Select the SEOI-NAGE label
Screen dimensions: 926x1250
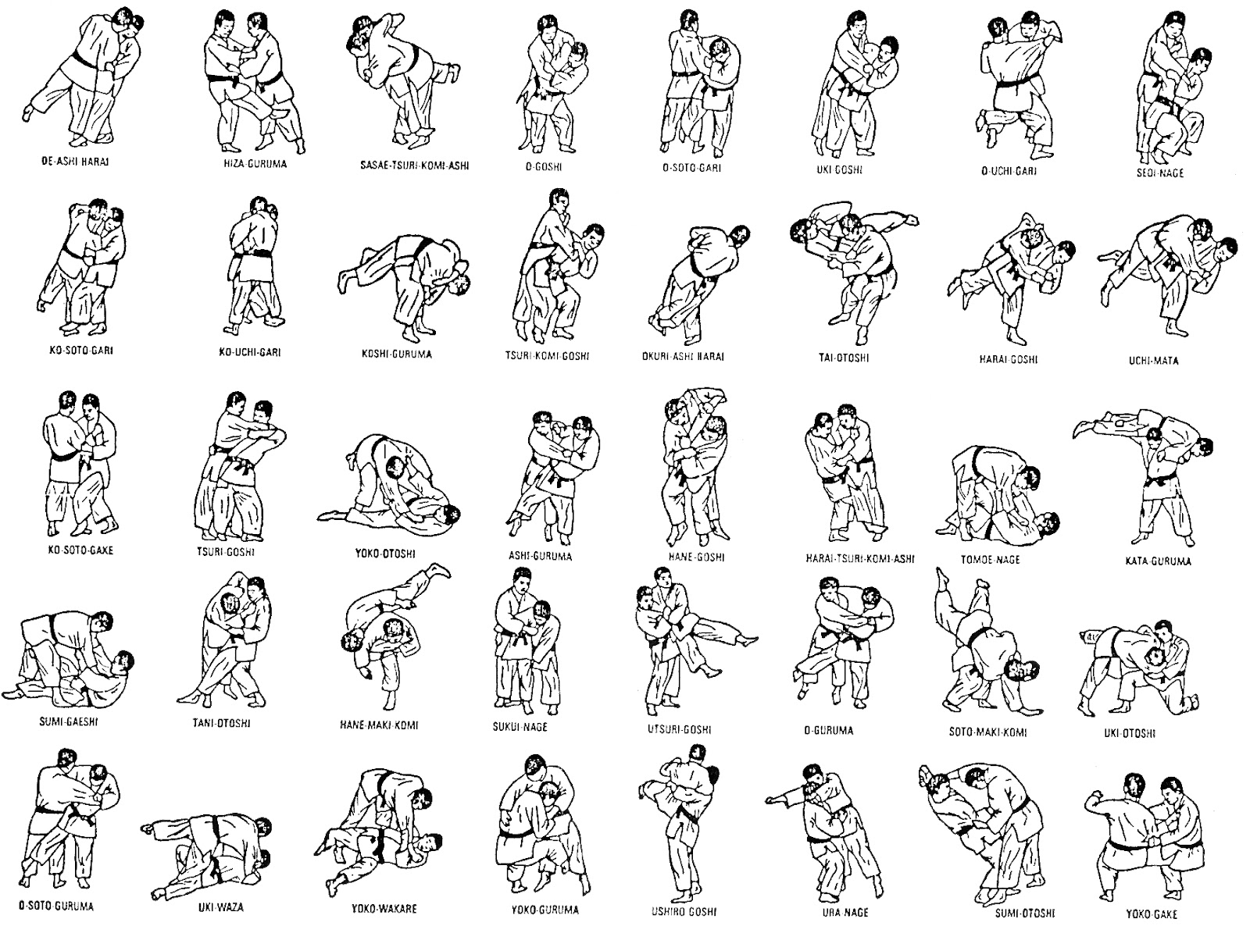click(1159, 172)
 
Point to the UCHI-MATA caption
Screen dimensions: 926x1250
click(1153, 361)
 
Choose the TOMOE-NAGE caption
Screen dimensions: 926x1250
click(990, 559)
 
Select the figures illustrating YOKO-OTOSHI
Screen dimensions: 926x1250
click(389, 482)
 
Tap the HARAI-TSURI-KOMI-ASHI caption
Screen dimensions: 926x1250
click(859, 559)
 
